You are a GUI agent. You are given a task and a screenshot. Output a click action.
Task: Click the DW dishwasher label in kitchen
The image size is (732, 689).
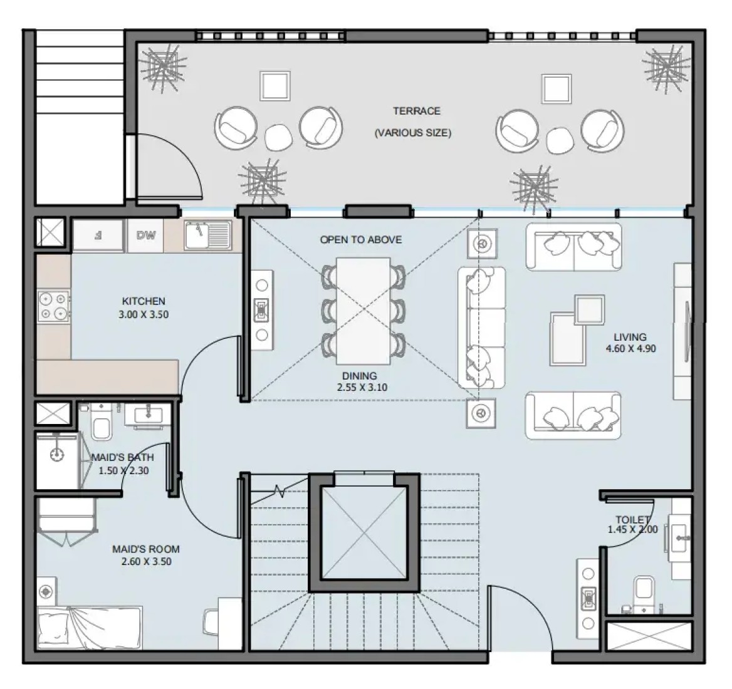click(146, 236)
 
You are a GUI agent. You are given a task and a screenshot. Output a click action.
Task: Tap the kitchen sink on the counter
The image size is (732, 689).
click(208, 235)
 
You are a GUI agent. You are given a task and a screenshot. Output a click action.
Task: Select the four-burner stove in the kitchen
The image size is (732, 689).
click(54, 306)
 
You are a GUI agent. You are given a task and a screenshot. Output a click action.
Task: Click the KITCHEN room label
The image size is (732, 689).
click(144, 301)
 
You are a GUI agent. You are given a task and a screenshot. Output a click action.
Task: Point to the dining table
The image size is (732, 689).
click(363, 311)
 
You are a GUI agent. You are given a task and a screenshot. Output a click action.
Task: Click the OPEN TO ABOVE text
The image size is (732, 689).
click(361, 240)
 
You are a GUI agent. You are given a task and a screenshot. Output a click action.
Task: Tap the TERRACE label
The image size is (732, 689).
click(416, 111)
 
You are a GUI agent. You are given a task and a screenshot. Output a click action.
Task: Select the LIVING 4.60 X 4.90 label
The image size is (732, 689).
click(630, 343)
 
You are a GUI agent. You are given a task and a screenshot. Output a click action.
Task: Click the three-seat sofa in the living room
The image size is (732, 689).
click(482, 328)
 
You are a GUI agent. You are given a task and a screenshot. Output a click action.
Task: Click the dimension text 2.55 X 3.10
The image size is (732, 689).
click(362, 387)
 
